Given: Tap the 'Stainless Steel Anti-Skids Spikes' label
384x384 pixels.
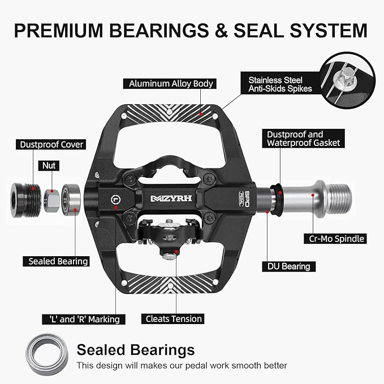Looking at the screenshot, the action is click(x=281, y=84).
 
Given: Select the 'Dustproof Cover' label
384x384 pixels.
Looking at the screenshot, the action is click(x=51, y=144).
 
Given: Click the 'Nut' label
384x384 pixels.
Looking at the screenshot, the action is click(x=49, y=166).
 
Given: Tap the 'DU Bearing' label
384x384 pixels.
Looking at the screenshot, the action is click(x=289, y=266).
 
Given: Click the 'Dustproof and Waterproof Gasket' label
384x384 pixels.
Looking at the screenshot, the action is click(x=304, y=139).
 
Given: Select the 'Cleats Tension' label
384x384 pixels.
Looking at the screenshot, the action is click(x=173, y=319).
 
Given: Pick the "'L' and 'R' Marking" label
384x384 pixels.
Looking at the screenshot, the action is click(x=84, y=320).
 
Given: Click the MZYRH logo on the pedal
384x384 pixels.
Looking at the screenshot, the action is click(x=171, y=199).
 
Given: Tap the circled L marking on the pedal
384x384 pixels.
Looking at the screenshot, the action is click(x=115, y=200).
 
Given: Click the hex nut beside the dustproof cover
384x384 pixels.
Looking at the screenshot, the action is click(x=51, y=201).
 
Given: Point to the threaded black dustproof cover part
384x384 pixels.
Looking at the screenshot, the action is click(x=25, y=200).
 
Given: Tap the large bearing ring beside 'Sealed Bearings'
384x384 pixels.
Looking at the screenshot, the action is click(x=47, y=354).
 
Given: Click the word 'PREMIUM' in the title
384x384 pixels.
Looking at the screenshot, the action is click(x=58, y=31).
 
